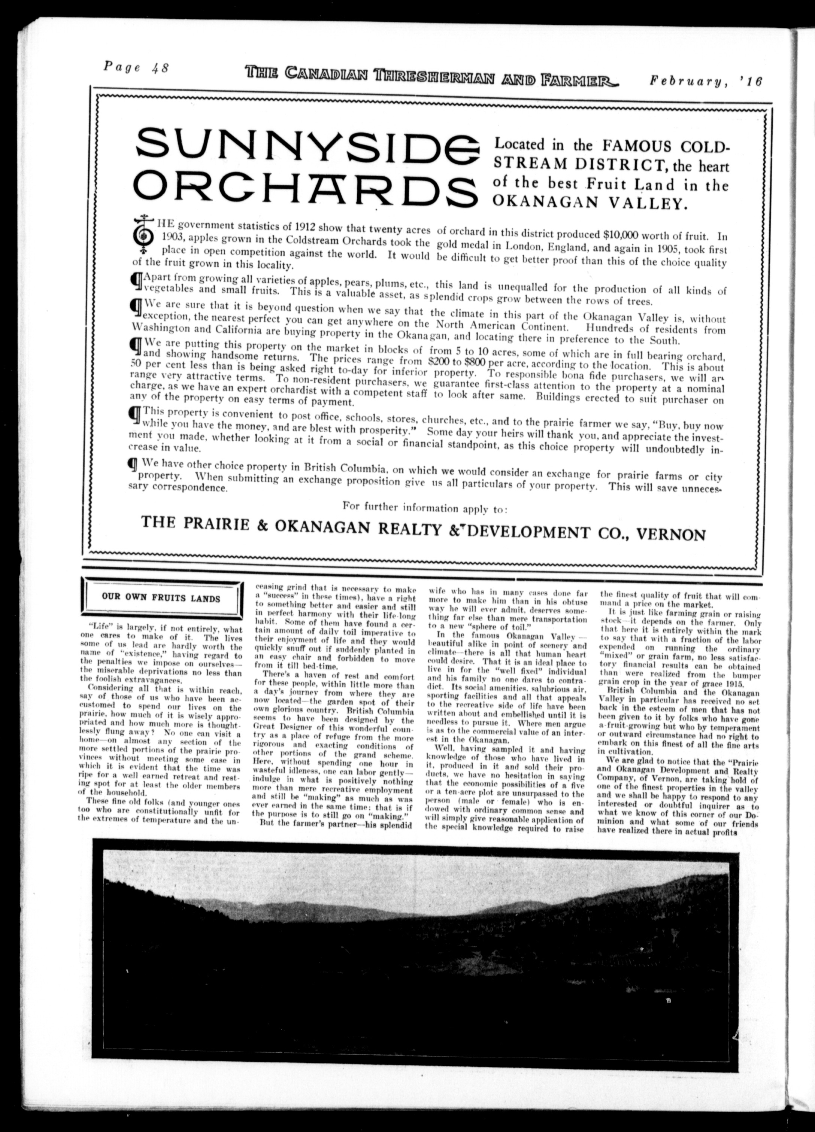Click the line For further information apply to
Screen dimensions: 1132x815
click(425, 508)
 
